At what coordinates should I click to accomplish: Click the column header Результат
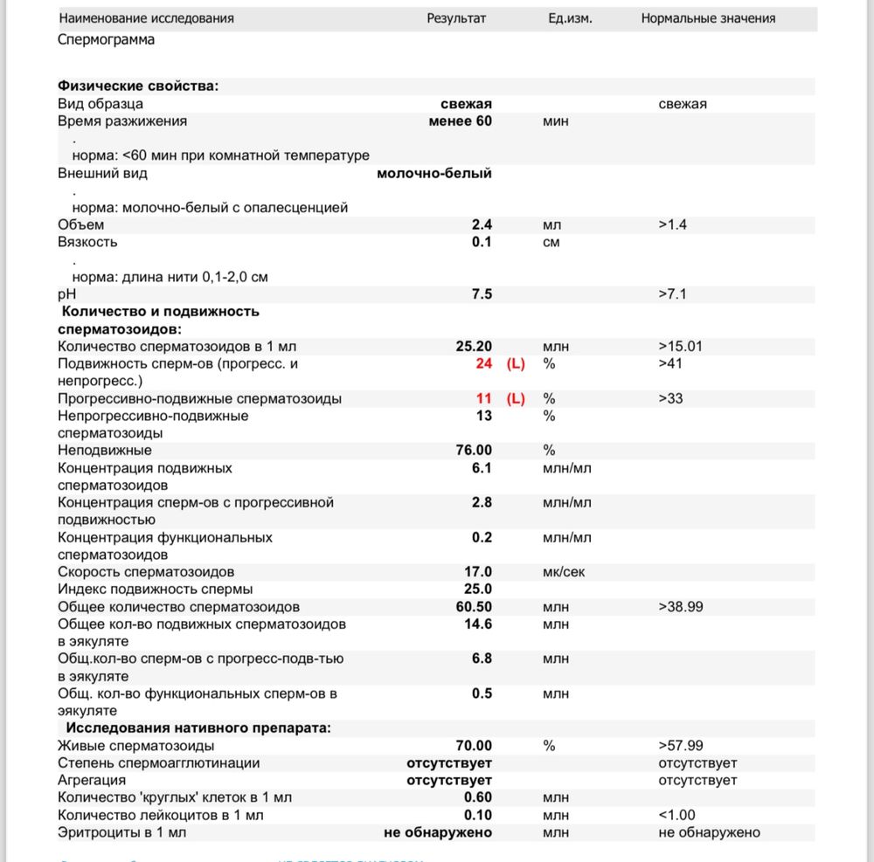point(455,18)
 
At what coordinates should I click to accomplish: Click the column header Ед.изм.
point(570,18)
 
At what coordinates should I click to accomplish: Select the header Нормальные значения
point(708,18)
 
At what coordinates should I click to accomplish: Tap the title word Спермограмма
point(107,39)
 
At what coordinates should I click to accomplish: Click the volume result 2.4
point(482,225)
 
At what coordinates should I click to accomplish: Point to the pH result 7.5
point(482,294)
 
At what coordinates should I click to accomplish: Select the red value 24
point(484,364)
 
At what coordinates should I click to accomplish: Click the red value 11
point(484,399)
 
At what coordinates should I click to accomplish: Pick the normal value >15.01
point(681,347)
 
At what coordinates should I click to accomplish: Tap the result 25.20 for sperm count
point(474,347)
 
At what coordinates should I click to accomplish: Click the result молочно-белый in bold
point(434,174)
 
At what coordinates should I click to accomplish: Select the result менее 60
point(460,121)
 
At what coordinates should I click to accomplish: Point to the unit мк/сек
point(562,573)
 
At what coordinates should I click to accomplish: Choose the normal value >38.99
point(681,607)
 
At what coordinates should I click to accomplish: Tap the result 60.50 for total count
point(474,607)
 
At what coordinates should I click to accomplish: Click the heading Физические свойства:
point(138,86)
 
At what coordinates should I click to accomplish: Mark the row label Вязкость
point(87,243)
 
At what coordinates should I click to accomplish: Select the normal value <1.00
point(677,816)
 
